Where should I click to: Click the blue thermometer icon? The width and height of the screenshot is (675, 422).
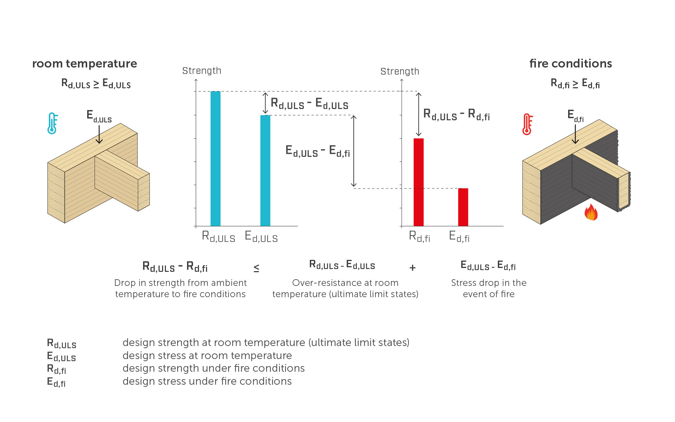click(52, 123)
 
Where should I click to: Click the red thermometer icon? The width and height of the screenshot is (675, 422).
click(527, 124)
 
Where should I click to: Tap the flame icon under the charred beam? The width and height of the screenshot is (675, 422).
click(591, 212)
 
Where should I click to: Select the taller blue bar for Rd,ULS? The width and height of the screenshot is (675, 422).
click(215, 158)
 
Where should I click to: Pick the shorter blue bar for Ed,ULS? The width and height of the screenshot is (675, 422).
click(265, 171)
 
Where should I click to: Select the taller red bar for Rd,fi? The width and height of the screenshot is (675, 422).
click(418, 182)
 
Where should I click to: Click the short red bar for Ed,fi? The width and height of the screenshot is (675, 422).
click(463, 207)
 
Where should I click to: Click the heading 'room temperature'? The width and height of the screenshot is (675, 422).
click(84, 64)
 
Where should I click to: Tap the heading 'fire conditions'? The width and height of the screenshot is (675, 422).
click(570, 64)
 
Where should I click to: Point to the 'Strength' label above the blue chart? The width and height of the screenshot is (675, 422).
click(201, 71)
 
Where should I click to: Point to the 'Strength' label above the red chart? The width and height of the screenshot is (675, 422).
click(400, 71)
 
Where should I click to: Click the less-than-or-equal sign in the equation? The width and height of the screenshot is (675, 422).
click(256, 268)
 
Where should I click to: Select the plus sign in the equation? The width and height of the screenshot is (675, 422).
click(412, 268)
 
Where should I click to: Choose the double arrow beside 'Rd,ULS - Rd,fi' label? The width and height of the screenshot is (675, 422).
click(418, 114)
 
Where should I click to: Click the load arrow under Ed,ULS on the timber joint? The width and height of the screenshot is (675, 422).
click(99, 134)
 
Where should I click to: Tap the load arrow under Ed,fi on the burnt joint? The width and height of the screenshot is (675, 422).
click(575, 134)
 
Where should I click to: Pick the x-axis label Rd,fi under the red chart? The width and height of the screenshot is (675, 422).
click(419, 236)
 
